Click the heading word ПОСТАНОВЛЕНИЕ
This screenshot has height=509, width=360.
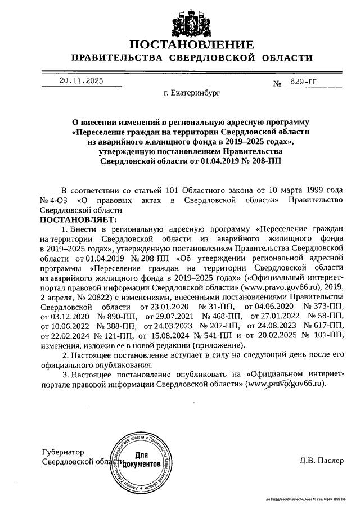191,45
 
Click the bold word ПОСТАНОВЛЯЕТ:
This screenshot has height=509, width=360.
78,219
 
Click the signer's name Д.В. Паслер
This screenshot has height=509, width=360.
321,461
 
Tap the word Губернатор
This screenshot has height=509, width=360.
63,452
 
